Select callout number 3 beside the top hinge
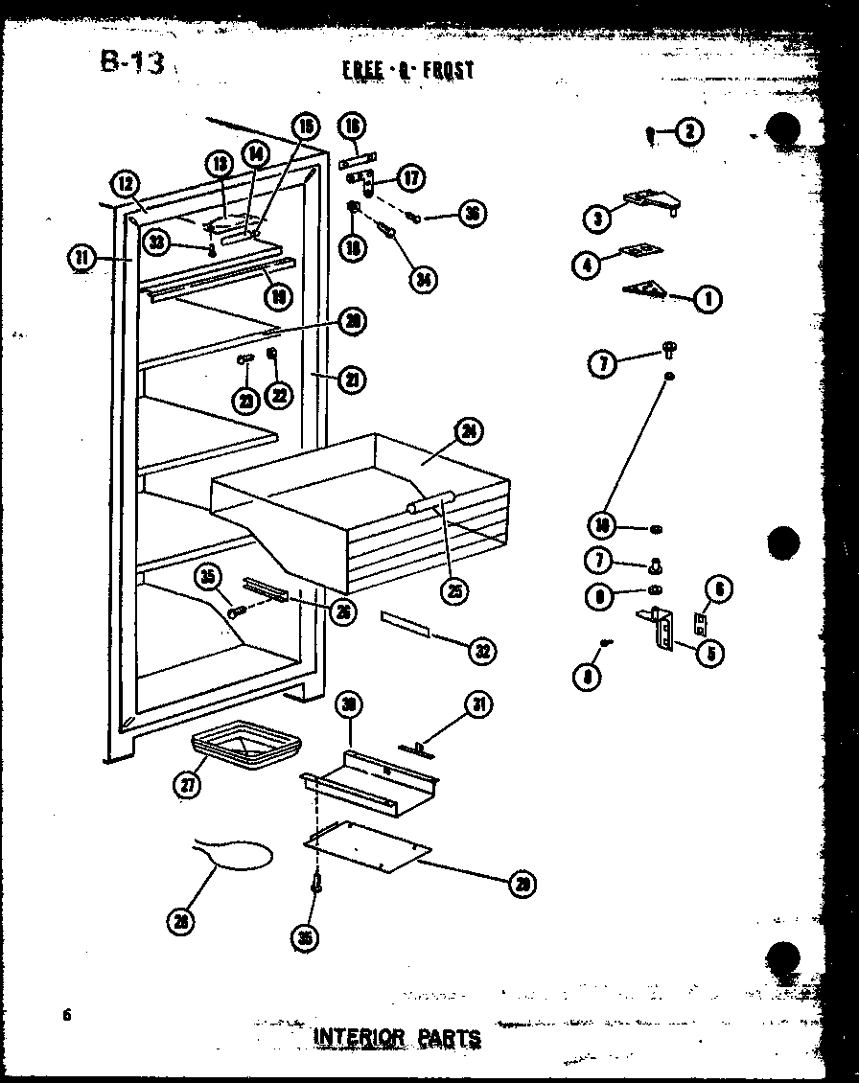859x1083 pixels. click(597, 219)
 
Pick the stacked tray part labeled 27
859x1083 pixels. click(245, 746)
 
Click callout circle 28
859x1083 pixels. click(179, 921)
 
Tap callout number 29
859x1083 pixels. click(522, 884)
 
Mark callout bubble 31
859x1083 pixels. click(478, 706)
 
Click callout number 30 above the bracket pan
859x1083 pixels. click(350, 705)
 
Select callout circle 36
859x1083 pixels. click(471, 214)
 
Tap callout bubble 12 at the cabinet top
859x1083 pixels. click(126, 184)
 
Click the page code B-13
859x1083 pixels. click(132, 63)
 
